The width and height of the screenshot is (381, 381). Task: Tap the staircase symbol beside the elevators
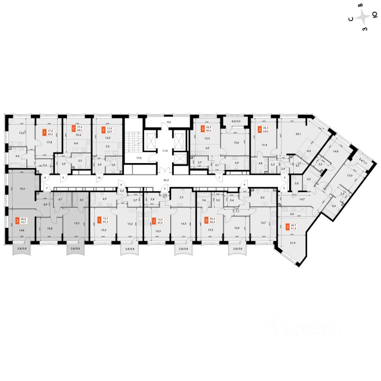pyautogui.click(x=133, y=139)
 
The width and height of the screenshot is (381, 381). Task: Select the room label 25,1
pyautogui.click(x=293, y=134)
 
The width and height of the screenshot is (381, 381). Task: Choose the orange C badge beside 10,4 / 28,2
pyautogui.click(x=73, y=129)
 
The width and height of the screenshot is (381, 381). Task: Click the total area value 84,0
pyautogui.click(x=266, y=131)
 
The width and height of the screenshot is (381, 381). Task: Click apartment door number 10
pyautogui.click(x=98, y=177)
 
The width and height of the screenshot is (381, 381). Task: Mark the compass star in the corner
pyautogui.click(x=363, y=17)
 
